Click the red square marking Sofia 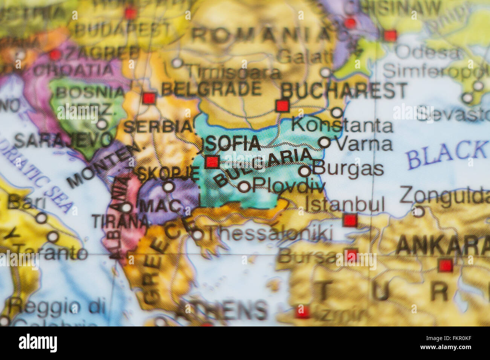[212, 162]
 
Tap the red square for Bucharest [282, 106]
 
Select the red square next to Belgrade [149, 98]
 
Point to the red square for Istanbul [350, 220]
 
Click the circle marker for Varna [324, 142]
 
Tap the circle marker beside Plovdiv [244, 186]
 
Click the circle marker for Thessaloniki [198, 235]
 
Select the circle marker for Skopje [168, 186]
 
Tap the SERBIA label [158, 127]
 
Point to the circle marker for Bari [41, 218]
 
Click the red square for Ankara [445, 265]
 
